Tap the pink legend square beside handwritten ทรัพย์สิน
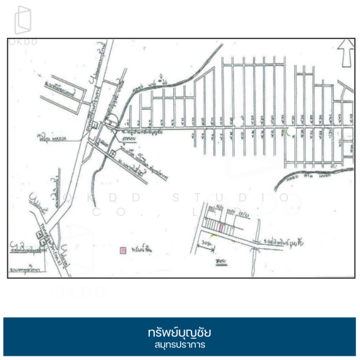point(123,250)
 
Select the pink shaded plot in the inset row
point(221,227)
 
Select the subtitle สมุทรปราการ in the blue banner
point(179,346)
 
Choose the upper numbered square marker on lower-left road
point(40,231)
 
